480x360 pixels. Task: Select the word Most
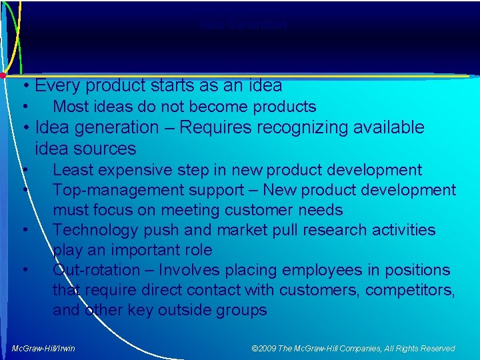point(70,107)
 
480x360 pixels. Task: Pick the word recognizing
point(293,127)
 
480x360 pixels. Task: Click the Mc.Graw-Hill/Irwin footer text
point(43,348)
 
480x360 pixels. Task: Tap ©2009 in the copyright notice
point(265,348)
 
